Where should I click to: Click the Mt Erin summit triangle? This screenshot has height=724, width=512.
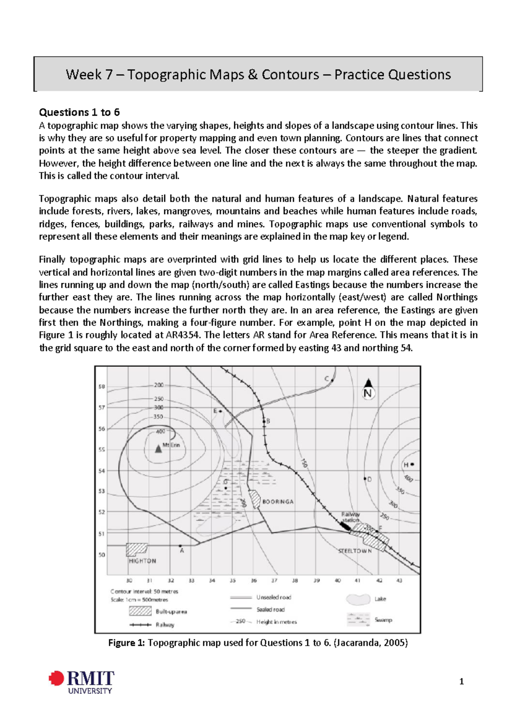click(158, 448)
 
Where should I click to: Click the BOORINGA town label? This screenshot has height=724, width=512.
click(278, 502)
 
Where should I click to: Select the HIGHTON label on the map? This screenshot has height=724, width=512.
click(142, 561)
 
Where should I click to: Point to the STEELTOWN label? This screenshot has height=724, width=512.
click(355, 551)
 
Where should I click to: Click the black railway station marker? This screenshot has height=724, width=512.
click(345, 526)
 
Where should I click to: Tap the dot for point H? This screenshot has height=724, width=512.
click(412, 464)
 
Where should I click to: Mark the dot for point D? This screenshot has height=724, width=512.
click(365, 479)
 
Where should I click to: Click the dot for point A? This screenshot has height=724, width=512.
click(180, 546)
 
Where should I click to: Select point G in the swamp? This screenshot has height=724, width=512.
click(226, 488)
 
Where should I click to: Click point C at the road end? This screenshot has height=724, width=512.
click(332, 380)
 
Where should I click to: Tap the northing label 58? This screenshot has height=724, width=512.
click(102, 387)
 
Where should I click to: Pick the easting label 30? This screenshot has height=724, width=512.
click(129, 581)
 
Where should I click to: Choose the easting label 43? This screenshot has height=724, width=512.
click(399, 581)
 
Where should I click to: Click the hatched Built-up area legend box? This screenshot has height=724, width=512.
click(140, 611)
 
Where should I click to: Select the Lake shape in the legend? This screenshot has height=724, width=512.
click(358, 599)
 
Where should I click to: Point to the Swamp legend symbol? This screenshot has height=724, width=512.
click(358, 619)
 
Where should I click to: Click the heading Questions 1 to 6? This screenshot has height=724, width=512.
click(79, 112)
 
